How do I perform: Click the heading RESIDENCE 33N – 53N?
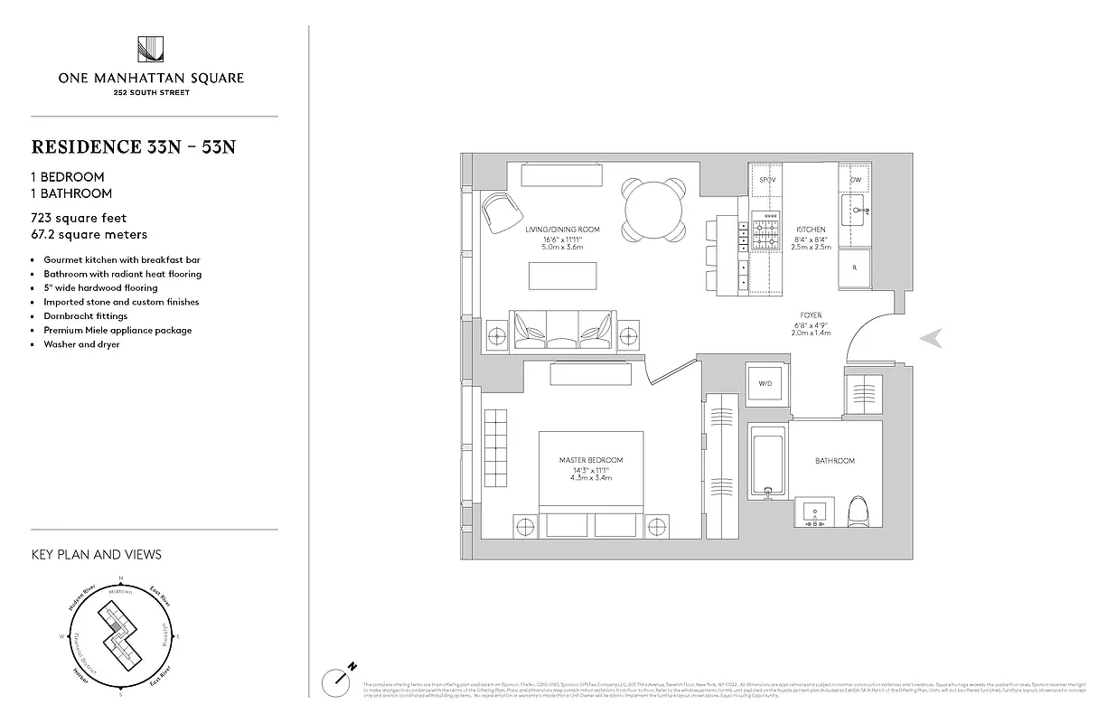point(133,147)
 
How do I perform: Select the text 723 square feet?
point(79,218)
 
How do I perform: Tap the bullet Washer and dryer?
point(81,344)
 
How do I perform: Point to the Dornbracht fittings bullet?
point(85,316)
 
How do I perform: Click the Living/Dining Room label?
point(562,230)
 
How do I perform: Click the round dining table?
point(655,210)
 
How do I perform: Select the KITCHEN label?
point(811,230)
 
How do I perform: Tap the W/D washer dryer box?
point(765,383)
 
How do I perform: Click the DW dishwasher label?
point(855,180)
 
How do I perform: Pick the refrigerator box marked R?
point(855,266)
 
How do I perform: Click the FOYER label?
point(811,315)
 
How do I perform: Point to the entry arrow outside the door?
point(932,338)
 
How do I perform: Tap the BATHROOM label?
point(834,461)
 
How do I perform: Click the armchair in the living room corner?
point(501,213)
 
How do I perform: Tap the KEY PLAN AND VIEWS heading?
point(96,554)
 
